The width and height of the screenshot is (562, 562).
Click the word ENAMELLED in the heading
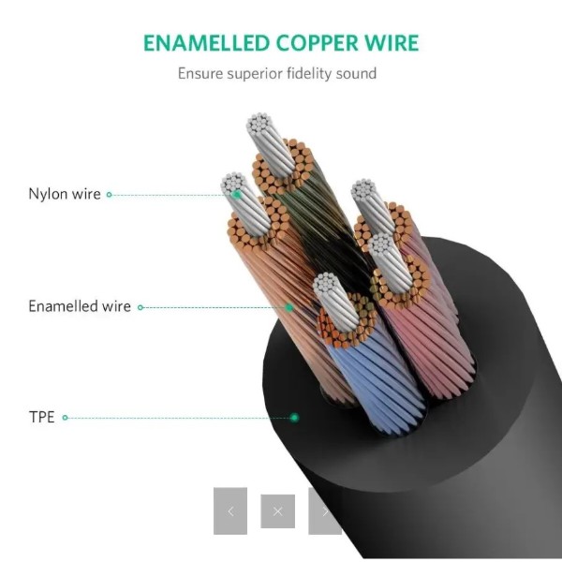(206, 43)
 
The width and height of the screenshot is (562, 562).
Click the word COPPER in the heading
(317, 43)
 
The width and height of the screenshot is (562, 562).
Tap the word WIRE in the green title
(392, 43)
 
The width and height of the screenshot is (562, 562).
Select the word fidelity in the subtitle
(309, 73)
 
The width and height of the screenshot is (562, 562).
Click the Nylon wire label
(65, 194)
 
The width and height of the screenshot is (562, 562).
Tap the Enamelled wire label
(80, 306)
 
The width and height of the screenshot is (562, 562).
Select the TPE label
(41, 417)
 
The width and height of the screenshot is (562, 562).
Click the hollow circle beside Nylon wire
(110, 195)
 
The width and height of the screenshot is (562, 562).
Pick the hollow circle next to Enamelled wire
(140, 307)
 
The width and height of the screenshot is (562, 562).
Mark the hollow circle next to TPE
(65, 418)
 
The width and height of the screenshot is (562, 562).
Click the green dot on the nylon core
(237, 195)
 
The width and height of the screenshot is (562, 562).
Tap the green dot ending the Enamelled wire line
(289, 307)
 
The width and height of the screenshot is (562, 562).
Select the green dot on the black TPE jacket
(294, 418)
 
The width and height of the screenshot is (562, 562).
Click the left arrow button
(230, 510)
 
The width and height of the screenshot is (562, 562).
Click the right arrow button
(324, 510)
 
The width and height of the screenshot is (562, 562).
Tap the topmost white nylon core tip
(259, 123)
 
